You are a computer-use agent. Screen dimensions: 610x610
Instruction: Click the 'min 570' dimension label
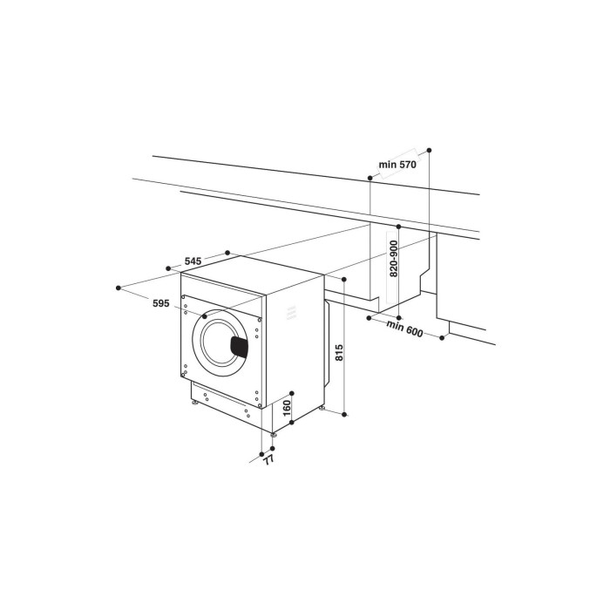pyautogui.click(x=397, y=165)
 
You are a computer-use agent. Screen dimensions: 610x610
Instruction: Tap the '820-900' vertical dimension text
pyautogui.click(x=394, y=258)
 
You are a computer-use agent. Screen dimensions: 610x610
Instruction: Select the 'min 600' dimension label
pyautogui.click(x=404, y=329)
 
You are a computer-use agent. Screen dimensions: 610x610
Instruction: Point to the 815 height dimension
pyautogui.click(x=339, y=352)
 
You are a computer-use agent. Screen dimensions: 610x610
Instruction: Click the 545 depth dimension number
pyautogui.click(x=193, y=261)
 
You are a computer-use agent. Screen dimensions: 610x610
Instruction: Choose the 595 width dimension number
pyautogui.click(x=160, y=303)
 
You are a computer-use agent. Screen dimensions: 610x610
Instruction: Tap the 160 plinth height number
pyautogui.click(x=288, y=408)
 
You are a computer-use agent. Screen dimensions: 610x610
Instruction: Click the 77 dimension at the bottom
pyautogui.click(x=268, y=460)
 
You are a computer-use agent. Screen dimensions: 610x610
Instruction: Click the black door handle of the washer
pyautogui.click(x=240, y=346)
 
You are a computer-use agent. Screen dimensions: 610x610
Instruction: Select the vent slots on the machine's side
pyautogui.click(x=291, y=312)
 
